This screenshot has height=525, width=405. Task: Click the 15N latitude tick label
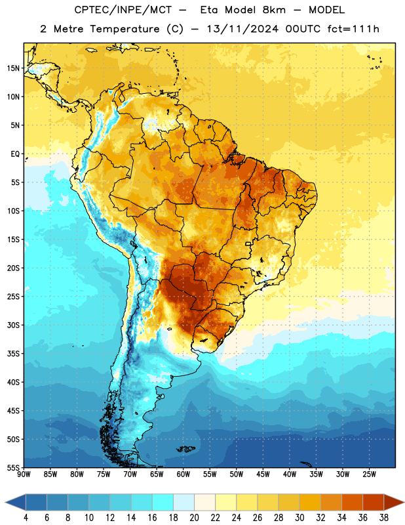[13, 68]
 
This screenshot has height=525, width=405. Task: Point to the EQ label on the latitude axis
[15, 154]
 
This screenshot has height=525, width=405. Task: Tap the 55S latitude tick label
[13, 467]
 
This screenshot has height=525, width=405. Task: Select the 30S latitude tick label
[13, 325]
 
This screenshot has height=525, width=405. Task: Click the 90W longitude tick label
[24, 474]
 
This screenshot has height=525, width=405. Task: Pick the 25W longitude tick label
[369, 474]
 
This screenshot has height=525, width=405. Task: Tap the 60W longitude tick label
[183, 474]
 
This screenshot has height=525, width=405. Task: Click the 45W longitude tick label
[263, 474]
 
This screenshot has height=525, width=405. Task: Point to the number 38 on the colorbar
[384, 518]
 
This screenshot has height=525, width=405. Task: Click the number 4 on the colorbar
[26, 518]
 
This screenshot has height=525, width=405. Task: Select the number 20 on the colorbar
[194, 518]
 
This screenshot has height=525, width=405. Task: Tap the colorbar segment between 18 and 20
[184, 502]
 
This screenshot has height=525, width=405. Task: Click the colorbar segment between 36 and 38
[374, 502]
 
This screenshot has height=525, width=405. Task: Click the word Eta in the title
[208, 10]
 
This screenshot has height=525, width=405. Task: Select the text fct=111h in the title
[353, 29]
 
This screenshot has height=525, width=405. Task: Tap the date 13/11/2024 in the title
[242, 29]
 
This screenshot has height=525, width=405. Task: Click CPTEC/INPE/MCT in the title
[123, 10]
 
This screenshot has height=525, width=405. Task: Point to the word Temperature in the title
[125, 30]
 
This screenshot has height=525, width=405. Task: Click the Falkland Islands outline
[185, 449]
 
